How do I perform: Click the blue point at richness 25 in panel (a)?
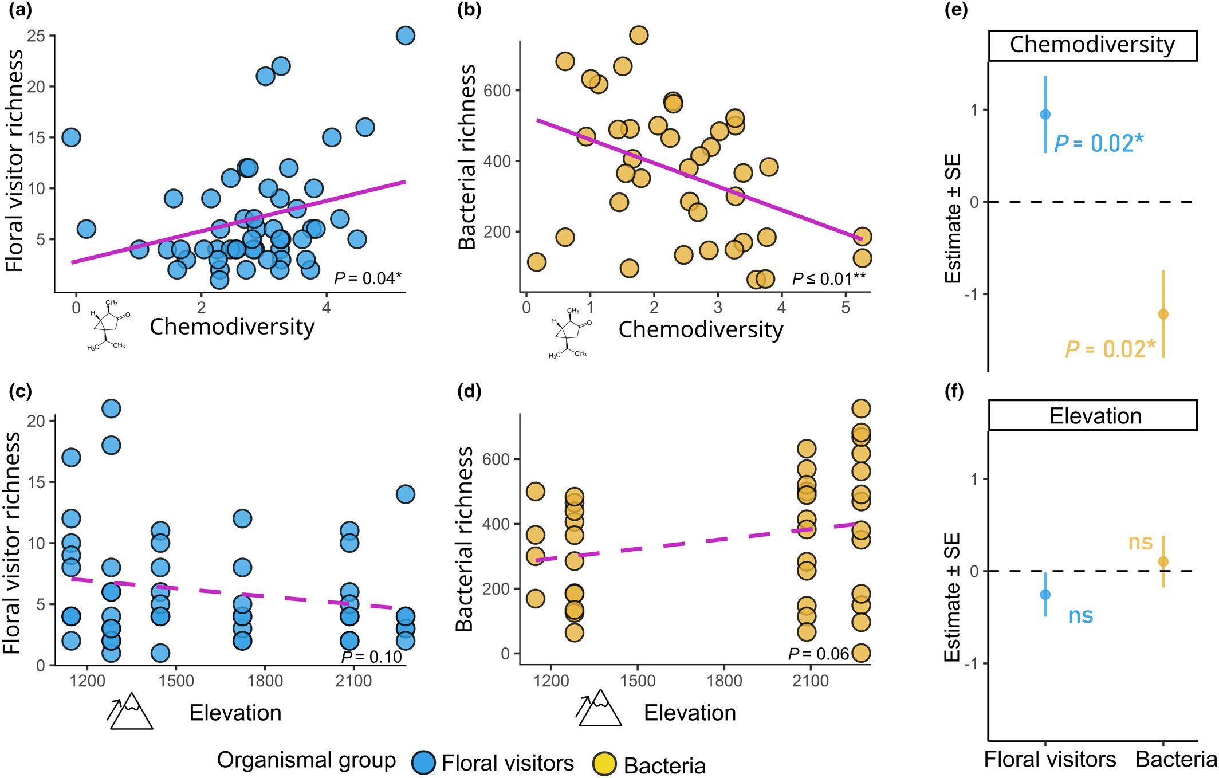point(405,36)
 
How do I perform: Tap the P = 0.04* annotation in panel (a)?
point(368,278)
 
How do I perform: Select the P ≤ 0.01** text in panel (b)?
point(828,279)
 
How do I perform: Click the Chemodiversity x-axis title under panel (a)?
point(232,327)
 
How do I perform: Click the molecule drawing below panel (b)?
point(569,334)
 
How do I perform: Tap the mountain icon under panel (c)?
point(131,712)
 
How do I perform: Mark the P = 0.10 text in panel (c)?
point(372,657)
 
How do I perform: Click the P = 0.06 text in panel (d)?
point(818,653)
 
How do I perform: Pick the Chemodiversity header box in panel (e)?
point(1092,45)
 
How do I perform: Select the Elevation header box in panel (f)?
point(1092,416)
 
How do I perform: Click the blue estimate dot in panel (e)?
point(1045,115)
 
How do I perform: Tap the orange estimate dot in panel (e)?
point(1163,314)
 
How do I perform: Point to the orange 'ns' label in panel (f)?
point(1140,542)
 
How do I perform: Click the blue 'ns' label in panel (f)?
point(1081,615)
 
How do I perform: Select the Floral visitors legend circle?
point(426,763)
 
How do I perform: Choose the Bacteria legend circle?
point(603,764)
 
